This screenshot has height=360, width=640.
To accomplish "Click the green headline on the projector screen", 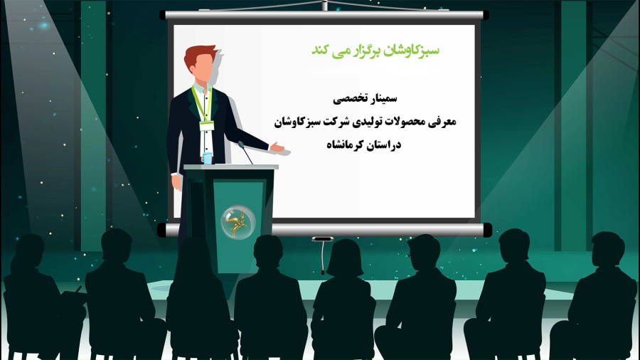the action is click(x=375, y=51).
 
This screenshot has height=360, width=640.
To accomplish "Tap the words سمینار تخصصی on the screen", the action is click(x=365, y=98).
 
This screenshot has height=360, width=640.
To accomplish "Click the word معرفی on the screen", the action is click(x=442, y=122).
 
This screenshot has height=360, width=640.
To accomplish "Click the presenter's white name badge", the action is click(x=206, y=125).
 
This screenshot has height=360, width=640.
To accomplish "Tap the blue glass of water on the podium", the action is click(x=208, y=158).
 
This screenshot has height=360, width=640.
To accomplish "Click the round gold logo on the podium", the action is click(x=238, y=223).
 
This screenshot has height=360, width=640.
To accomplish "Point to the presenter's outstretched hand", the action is click(x=277, y=147).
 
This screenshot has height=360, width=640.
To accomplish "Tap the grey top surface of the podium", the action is click(x=231, y=167).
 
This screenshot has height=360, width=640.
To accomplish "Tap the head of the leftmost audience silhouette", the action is click(x=29, y=250).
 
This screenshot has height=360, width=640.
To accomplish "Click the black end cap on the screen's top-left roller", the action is click(x=163, y=15).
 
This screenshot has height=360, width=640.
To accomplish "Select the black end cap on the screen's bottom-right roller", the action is click(x=488, y=230).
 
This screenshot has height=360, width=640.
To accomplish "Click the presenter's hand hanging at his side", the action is click(x=177, y=182).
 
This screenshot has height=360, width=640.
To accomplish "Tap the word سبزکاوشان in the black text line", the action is click(x=292, y=122).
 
